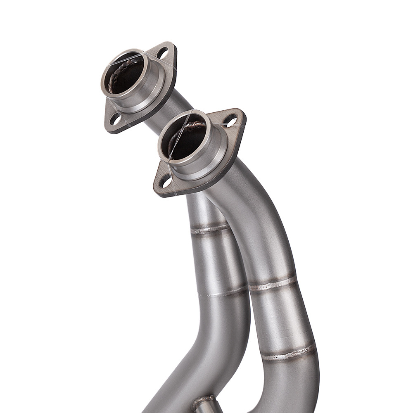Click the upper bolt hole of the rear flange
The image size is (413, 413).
pos(164,53)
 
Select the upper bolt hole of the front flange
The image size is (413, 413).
pos(231,121)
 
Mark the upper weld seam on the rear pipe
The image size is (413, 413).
pos(211,228)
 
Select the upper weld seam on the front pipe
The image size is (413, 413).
pos(273,283)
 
